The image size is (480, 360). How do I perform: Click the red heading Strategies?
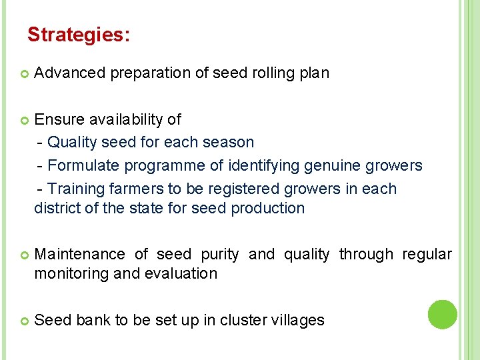79,35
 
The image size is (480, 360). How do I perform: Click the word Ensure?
57,119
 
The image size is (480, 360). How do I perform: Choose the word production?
267,208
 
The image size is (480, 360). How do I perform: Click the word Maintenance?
79,254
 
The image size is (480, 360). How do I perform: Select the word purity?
219,254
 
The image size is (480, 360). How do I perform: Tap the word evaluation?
183,273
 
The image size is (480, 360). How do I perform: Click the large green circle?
442,315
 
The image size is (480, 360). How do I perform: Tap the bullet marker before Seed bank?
24,321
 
